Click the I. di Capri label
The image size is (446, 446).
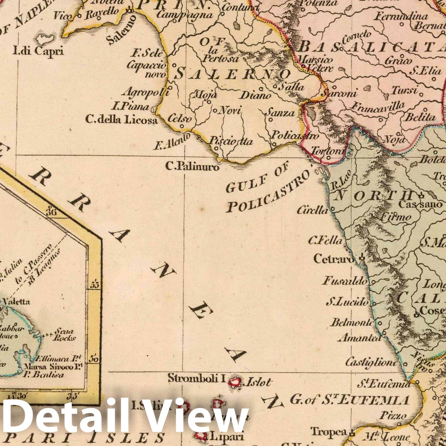[x=39, y=51]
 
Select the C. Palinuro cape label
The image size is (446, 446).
[x=192, y=167]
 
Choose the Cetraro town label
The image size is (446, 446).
[x=334, y=259]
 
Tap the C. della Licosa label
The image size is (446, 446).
[x=121, y=120]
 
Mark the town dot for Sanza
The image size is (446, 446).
[x=271, y=120]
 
